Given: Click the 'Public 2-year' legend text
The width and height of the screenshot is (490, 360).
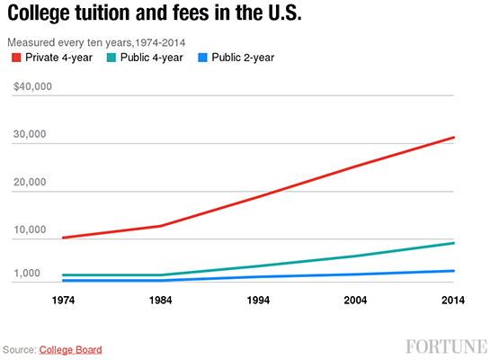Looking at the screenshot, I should [243, 58].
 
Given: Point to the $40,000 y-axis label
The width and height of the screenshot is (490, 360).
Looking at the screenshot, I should [32, 87].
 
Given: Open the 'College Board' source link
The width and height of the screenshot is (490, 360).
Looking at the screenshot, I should [71, 349].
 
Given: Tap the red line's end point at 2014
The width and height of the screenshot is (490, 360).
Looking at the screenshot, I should [454, 138].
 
